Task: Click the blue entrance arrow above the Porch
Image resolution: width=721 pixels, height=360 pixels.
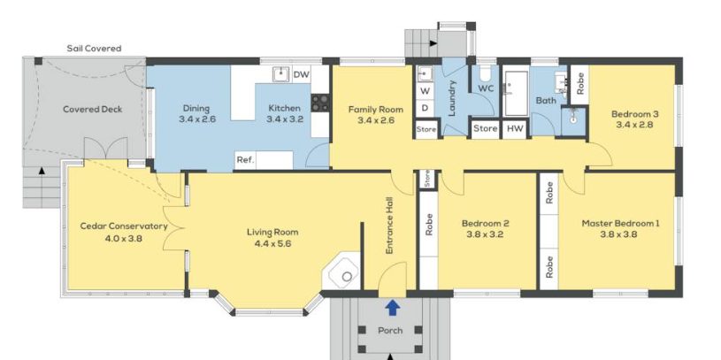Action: (392, 308)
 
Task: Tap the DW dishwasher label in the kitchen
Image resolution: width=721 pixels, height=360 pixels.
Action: (301, 74)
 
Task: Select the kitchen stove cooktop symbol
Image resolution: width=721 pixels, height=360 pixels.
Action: (320, 103)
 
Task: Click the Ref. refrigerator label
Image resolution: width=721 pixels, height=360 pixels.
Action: (246, 160)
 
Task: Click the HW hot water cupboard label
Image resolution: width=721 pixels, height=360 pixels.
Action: (515, 129)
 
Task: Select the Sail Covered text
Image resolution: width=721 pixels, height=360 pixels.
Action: (95, 49)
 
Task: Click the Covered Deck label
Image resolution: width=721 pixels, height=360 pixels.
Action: (92, 110)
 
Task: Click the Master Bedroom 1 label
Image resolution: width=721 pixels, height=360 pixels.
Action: (620, 224)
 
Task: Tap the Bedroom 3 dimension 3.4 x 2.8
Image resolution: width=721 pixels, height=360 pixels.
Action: (632, 125)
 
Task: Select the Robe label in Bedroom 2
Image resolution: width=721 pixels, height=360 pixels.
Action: (428, 225)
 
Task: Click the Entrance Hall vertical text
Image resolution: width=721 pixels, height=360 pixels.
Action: (389, 226)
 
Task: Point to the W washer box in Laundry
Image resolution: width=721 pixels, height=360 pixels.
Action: (425, 91)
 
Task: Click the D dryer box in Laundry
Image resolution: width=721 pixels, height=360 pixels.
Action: (425, 109)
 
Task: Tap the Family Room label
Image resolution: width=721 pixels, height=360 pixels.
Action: (376, 110)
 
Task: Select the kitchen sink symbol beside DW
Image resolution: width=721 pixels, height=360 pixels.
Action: (280, 74)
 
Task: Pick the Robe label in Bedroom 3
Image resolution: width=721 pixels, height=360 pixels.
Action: (579, 84)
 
